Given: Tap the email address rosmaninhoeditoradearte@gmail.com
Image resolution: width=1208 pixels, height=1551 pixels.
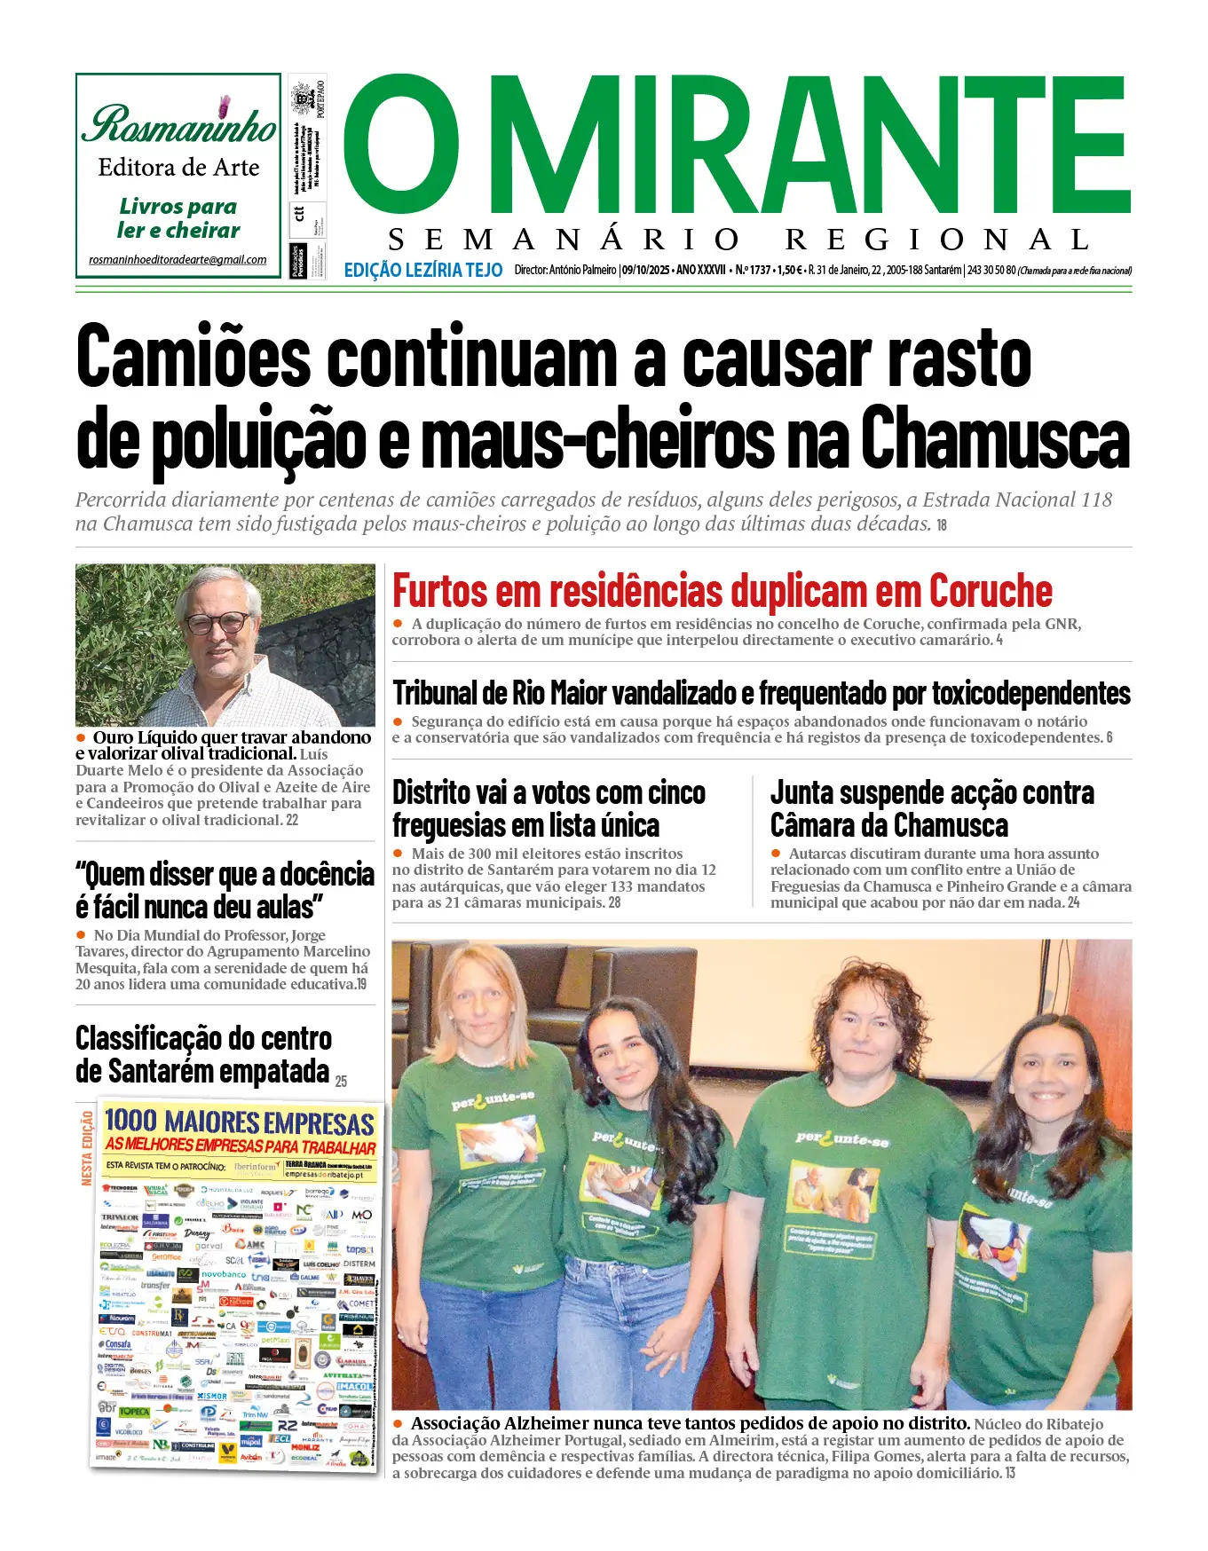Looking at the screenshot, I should tap(178, 260).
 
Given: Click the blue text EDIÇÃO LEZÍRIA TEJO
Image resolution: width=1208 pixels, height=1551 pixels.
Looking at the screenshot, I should tap(422, 270).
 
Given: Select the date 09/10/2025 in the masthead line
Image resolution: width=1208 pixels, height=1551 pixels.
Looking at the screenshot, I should tap(645, 270).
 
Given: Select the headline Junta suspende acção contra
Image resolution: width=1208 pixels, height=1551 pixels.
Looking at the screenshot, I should tap(932, 792).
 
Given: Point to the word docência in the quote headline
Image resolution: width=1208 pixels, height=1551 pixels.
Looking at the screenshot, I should tap(327, 874).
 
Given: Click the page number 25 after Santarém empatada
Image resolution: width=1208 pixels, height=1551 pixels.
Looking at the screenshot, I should tap(341, 1081).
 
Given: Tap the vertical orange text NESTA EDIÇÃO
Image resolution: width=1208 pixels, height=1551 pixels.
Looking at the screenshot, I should tap(87, 1147).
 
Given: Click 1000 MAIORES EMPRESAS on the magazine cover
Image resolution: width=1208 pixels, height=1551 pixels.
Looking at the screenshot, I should tap(239, 1122).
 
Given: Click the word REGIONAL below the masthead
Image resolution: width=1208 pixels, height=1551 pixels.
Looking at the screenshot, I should tap(936, 240).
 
